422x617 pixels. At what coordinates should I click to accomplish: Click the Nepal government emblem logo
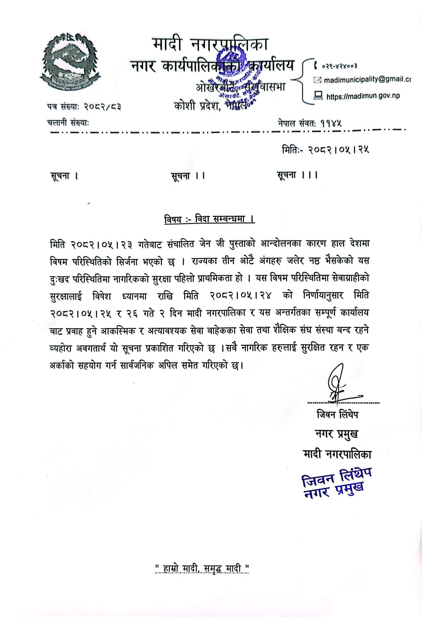pyautogui.click(x=71, y=60)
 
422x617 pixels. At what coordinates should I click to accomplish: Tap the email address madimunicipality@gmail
pyautogui.click(x=367, y=80)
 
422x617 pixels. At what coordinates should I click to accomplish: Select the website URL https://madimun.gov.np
pyautogui.click(x=363, y=96)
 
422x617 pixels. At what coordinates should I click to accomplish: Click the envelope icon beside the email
pyautogui.click(x=317, y=80)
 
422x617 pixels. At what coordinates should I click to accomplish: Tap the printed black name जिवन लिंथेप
pyautogui.click(x=337, y=415)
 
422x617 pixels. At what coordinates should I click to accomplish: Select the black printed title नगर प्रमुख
pyautogui.click(x=336, y=434)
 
